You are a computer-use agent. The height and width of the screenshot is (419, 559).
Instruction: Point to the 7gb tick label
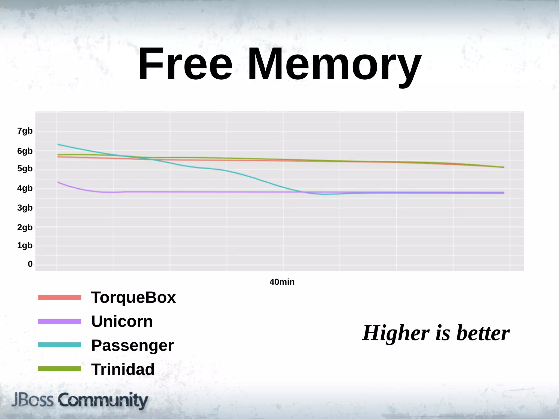[x=25, y=131]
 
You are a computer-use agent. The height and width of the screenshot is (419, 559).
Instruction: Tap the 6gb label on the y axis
[x=25, y=151]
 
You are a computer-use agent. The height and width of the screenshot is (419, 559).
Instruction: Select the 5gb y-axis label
[x=25, y=169]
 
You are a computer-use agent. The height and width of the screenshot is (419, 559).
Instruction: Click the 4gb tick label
[x=25, y=188]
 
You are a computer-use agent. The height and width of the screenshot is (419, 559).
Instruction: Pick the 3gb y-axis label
[x=25, y=208]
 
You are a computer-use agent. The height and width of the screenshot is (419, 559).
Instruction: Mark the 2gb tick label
[x=25, y=228]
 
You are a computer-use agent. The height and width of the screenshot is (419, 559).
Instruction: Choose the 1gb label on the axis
[x=25, y=246]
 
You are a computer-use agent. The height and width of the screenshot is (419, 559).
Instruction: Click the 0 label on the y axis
[x=30, y=264]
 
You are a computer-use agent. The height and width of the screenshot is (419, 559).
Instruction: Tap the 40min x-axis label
[x=282, y=282]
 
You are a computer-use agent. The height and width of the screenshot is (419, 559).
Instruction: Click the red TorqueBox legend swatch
[x=60, y=297]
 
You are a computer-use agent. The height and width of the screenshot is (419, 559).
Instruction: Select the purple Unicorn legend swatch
[x=60, y=321]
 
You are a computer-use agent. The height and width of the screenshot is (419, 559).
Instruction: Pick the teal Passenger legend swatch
[x=60, y=345]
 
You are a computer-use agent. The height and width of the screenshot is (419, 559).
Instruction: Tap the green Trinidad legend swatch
[x=60, y=369]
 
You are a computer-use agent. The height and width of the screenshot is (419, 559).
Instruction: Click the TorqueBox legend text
[x=133, y=297]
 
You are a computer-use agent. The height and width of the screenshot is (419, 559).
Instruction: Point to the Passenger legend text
[x=132, y=346]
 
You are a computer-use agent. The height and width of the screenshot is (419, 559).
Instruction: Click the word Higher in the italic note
[x=396, y=333]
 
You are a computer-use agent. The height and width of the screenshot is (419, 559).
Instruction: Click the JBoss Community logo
[x=80, y=400]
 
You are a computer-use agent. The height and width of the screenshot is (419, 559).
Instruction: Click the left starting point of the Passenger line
[x=58, y=145]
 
